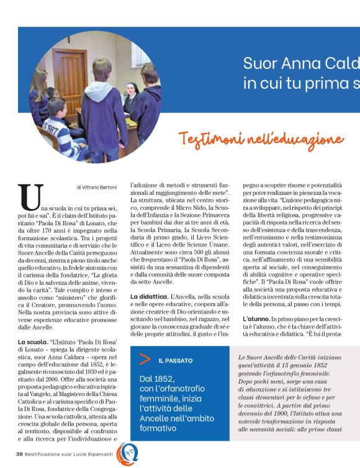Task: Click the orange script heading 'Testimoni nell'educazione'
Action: tap(261, 138)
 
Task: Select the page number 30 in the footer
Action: tap(20, 454)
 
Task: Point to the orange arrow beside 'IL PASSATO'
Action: tap(144, 359)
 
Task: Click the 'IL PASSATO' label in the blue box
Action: tap(176, 360)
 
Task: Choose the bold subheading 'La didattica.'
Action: tap(150, 298)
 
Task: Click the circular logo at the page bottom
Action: tap(127, 454)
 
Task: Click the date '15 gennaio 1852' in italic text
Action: tap(306, 368)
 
